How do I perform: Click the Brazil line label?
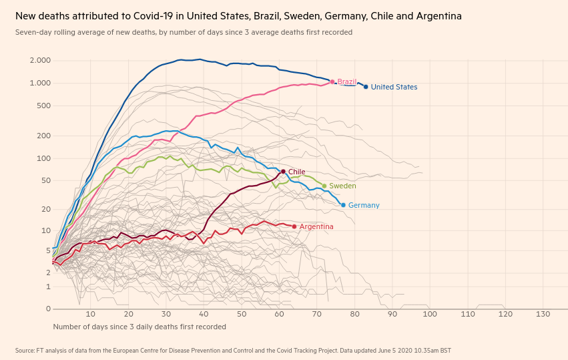[347, 82]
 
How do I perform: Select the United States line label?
[394, 87]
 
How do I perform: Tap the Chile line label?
[296, 172]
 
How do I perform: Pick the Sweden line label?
[342, 186]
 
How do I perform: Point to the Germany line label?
[364, 206]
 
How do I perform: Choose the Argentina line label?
[316, 227]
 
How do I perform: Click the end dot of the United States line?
[366, 87]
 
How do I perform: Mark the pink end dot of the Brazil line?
[332, 81]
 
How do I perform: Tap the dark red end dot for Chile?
[283, 172]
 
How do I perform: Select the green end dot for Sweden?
[324, 186]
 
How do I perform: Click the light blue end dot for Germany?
[343, 205]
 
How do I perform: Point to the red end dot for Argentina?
[294, 226]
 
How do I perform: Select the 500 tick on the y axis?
[44, 106]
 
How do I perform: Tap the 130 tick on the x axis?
[543, 314]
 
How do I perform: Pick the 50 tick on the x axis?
[241, 314]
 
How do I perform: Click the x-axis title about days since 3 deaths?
[139, 327]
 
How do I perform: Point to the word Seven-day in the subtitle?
[33, 32]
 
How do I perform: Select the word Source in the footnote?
[25, 350]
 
